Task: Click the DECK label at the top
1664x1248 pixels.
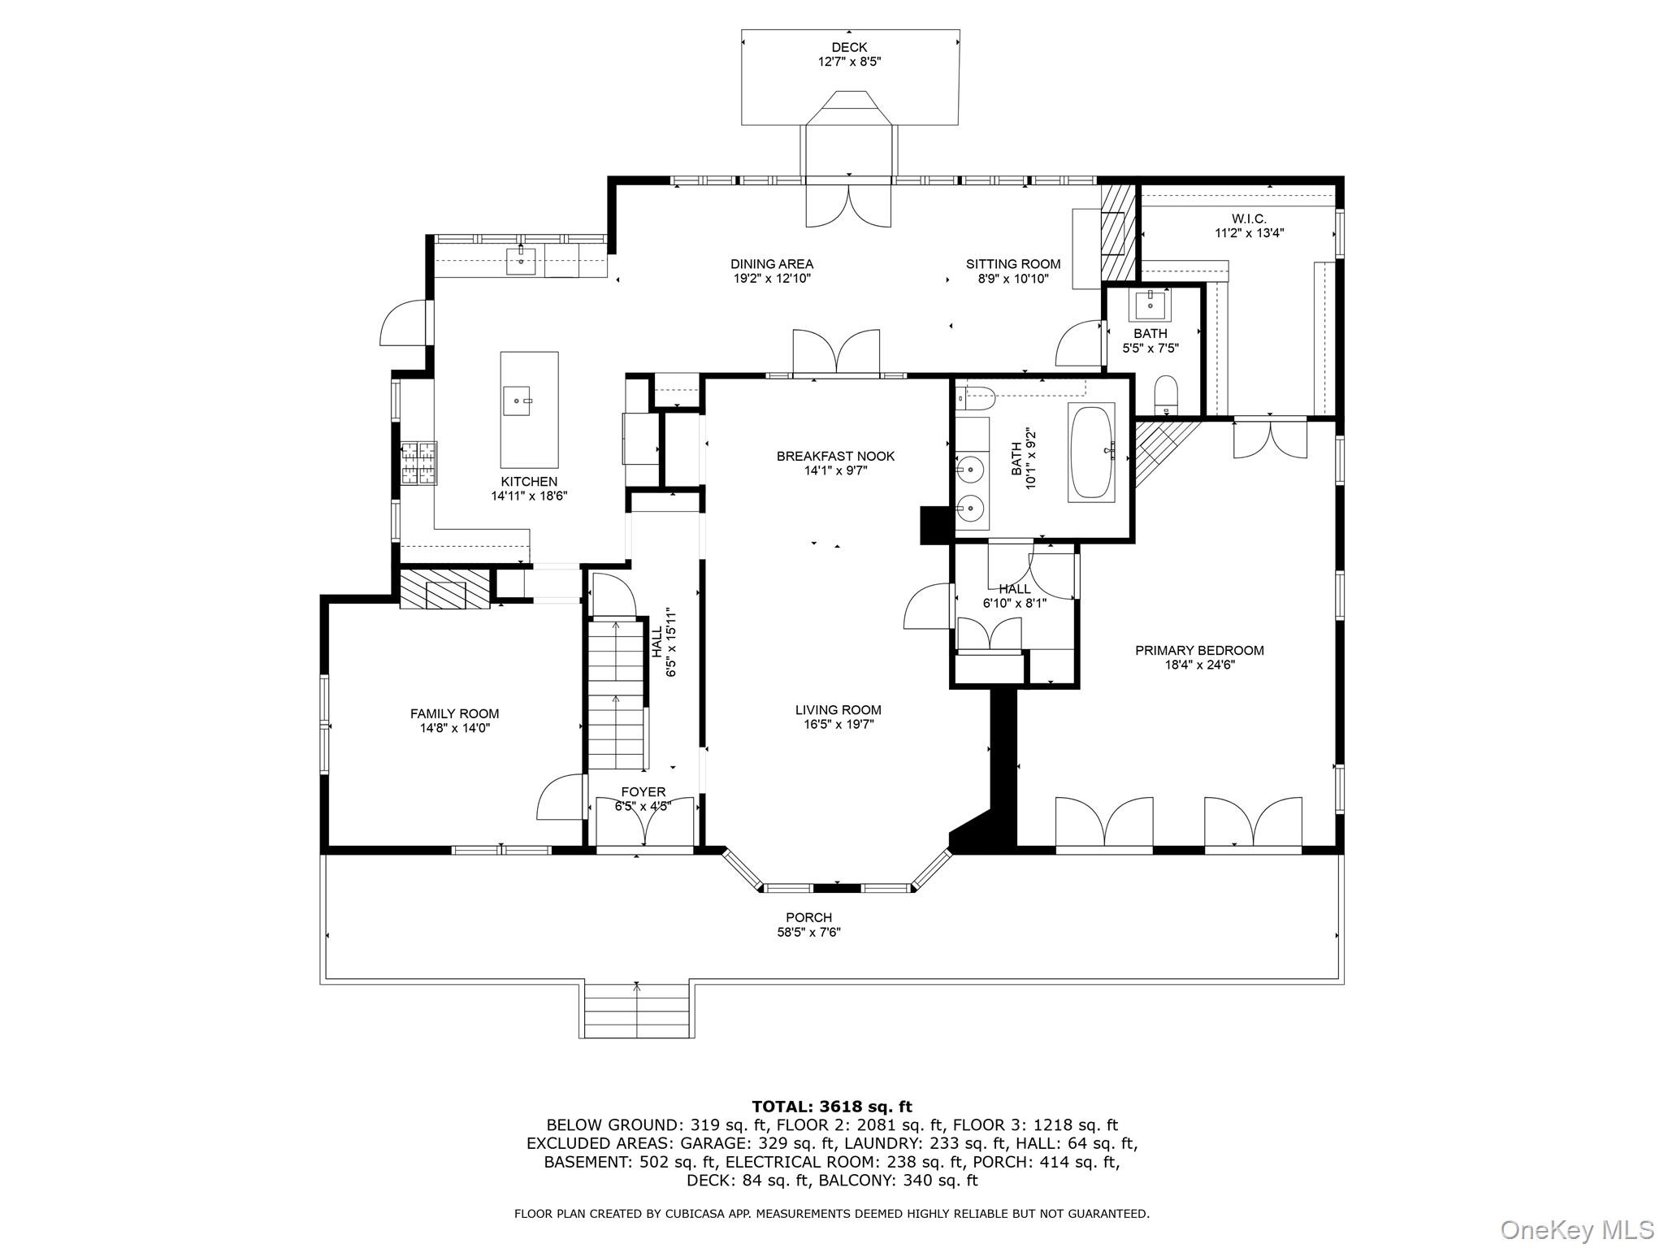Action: [849, 47]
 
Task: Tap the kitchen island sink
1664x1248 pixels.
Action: [517, 400]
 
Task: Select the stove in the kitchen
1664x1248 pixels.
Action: [418, 463]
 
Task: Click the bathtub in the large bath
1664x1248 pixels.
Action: [1091, 451]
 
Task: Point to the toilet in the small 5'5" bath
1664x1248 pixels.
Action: [1166, 393]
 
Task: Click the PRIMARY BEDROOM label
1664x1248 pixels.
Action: [1199, 650]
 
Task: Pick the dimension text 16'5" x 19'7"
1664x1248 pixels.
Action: [838, 725]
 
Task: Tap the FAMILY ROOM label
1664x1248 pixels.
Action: [454, 713]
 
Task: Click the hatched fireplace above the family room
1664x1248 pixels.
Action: [445, 588]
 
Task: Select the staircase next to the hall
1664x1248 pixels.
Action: [616, 695]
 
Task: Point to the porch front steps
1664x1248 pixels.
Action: [637, 1009]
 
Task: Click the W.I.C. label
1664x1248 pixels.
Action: [1249, 219]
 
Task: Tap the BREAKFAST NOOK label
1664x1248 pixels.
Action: [835, 456]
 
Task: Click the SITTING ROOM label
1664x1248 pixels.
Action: [1012, 263]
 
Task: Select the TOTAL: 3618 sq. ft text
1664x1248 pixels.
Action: [831, 1107]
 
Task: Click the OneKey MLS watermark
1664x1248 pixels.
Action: [1576, 1229]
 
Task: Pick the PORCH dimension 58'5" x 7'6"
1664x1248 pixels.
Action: [808, 932]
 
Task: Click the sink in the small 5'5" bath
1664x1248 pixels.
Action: [1150, 305]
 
